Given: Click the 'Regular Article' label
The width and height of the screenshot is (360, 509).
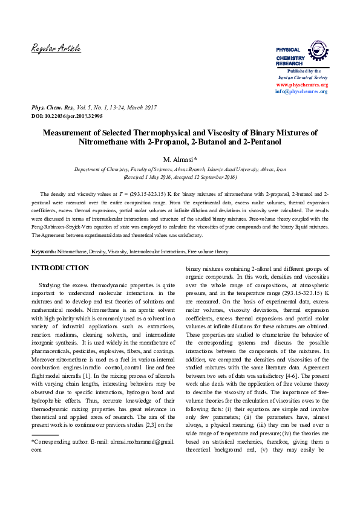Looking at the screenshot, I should (56, 48).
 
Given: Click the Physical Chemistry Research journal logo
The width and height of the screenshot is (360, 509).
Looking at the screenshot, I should (301, 54).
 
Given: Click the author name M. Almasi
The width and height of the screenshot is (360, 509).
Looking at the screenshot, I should (180, 159).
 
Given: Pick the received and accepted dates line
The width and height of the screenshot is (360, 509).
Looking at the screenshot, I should (180, 178).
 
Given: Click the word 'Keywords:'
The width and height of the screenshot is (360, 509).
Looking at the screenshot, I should (44, 250).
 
